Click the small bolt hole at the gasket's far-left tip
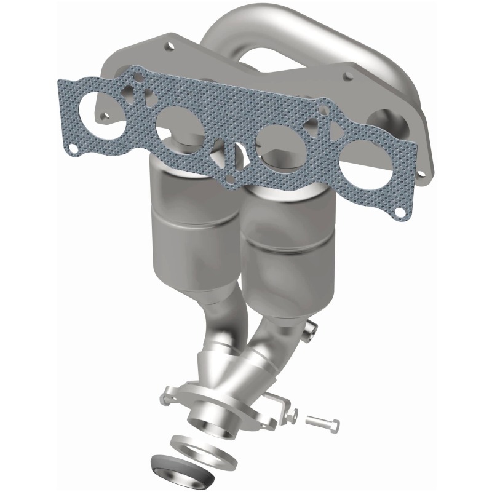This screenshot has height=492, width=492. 73,148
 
